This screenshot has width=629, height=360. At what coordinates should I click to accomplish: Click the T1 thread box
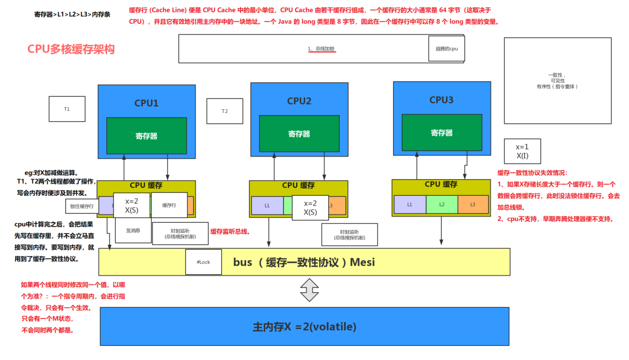click(67, 109)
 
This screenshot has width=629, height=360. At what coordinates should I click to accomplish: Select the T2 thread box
click(225, 111)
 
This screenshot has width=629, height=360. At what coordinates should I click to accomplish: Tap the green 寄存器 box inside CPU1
click(146, 136)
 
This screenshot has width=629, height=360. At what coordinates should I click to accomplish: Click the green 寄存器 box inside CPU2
click(299, 134)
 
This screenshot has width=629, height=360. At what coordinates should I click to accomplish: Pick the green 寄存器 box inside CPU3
click(441, 133)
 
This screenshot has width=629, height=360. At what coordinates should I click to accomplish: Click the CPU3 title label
click(441, 100)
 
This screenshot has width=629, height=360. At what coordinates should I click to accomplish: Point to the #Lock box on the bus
click(204, 262)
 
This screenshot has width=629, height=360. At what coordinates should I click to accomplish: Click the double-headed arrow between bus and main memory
click(309, 290)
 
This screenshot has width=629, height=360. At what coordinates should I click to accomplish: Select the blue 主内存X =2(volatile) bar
click(304, 327)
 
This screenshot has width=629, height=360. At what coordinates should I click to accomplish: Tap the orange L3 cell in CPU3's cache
click(473, 204)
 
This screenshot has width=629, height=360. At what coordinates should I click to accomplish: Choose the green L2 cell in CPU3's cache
click(442, 204)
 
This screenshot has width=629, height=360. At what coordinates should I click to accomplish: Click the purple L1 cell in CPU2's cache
click(267, 206)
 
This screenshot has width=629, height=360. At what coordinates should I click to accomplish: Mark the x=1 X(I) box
click(522, 151)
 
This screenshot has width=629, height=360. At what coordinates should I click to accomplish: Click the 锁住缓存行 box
click(82, 206)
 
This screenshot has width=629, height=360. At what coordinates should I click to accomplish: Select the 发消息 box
click(133, 230)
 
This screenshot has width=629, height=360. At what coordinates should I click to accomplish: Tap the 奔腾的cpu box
click(446, 49)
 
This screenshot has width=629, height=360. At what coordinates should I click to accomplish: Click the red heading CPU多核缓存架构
click(71, 49)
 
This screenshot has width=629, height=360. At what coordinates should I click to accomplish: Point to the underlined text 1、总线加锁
click(321, 49)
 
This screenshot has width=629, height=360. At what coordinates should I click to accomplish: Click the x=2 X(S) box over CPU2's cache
click(310, 208)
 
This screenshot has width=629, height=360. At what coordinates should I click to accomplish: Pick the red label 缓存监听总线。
click(230, 231)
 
